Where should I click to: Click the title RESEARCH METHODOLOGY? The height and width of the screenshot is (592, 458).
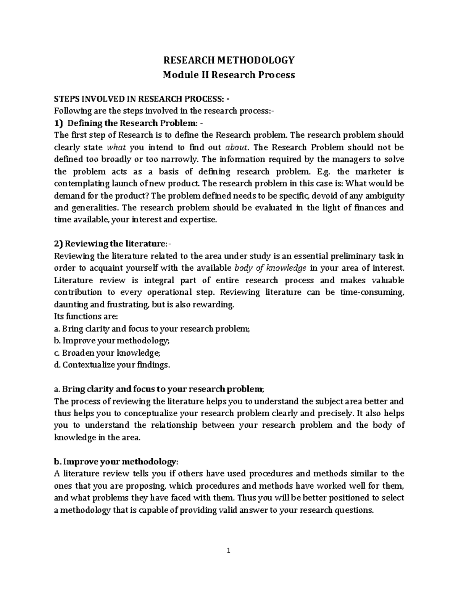[x=229, y=60]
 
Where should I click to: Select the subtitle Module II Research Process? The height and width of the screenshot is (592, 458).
[x=229, y=75]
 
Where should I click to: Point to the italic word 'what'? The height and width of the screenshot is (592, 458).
[x=116, y=148]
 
